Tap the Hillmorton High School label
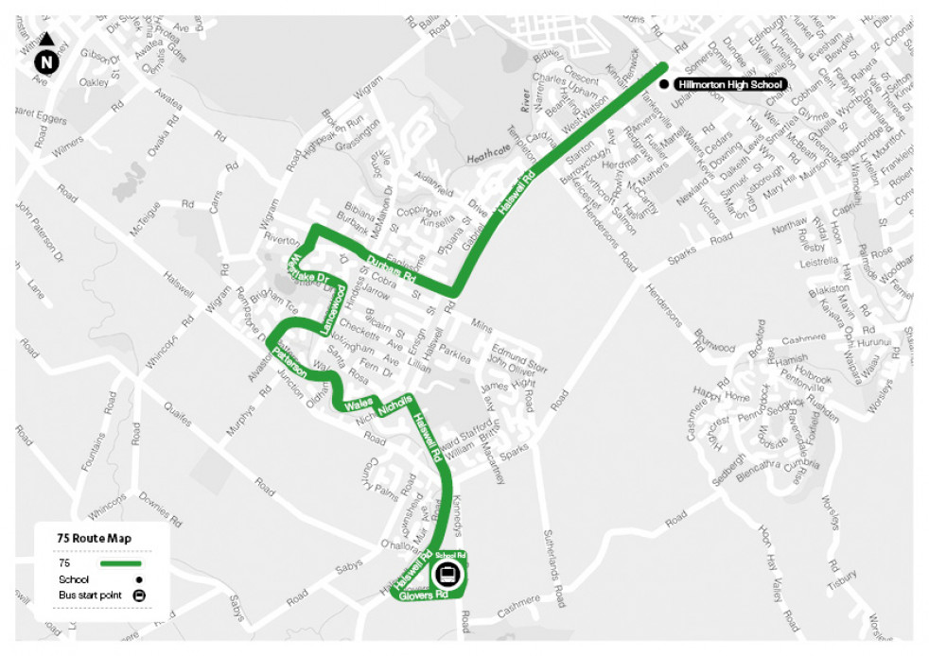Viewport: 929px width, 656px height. point(731,85)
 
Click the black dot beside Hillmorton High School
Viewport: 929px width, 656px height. point(664,85)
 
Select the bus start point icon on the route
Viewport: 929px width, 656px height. point(447,574)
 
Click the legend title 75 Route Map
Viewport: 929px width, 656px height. point(94,538)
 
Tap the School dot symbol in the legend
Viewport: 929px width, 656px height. point(139,579)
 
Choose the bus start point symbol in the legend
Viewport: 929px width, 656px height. point(139,596)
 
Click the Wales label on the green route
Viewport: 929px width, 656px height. point(359,405)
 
